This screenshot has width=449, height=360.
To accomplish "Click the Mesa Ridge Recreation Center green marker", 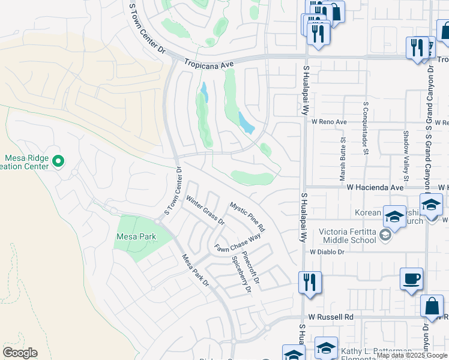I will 58,161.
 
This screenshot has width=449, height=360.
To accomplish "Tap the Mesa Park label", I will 136,236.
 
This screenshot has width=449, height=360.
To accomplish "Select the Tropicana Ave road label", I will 208,62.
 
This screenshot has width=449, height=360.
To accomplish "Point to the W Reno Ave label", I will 329,122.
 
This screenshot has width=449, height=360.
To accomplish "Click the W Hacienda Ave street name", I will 375,187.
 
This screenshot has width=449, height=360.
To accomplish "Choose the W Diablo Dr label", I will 327,252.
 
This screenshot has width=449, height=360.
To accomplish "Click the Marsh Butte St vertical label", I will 343,158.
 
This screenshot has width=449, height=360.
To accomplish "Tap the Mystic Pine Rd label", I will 247,217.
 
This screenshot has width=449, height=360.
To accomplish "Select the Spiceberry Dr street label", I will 241,275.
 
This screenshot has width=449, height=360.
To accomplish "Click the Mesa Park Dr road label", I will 195,269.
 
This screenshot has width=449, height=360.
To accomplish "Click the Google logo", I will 20,353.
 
